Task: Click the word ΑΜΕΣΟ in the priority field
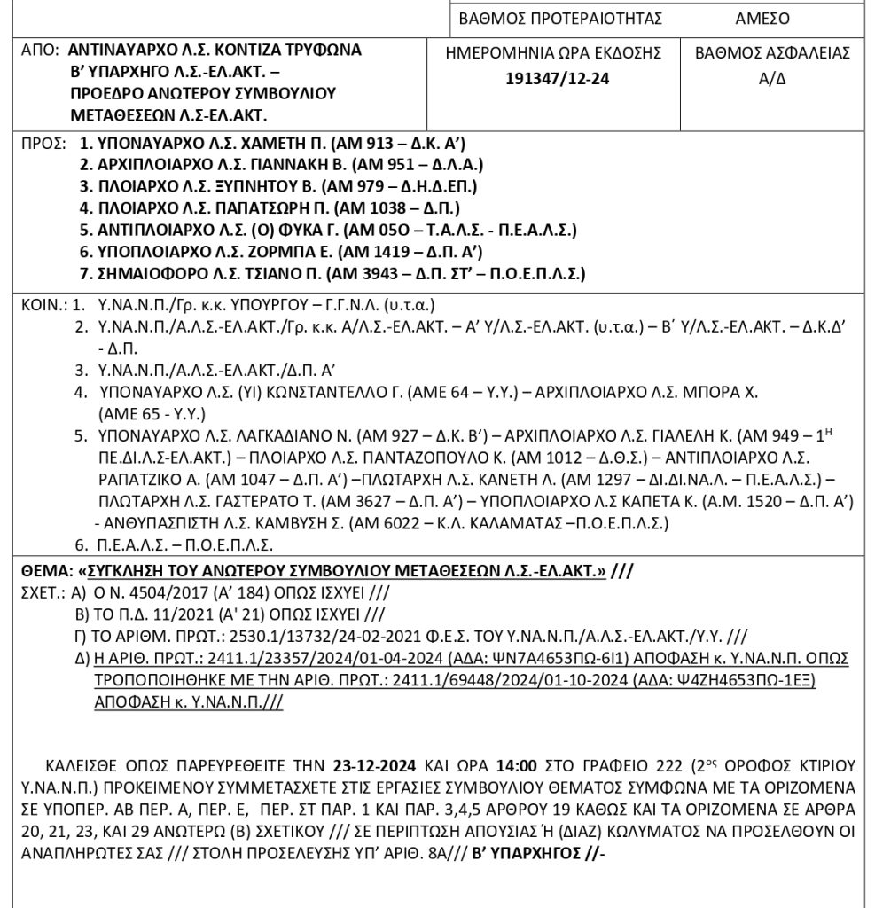click(762, 19)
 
